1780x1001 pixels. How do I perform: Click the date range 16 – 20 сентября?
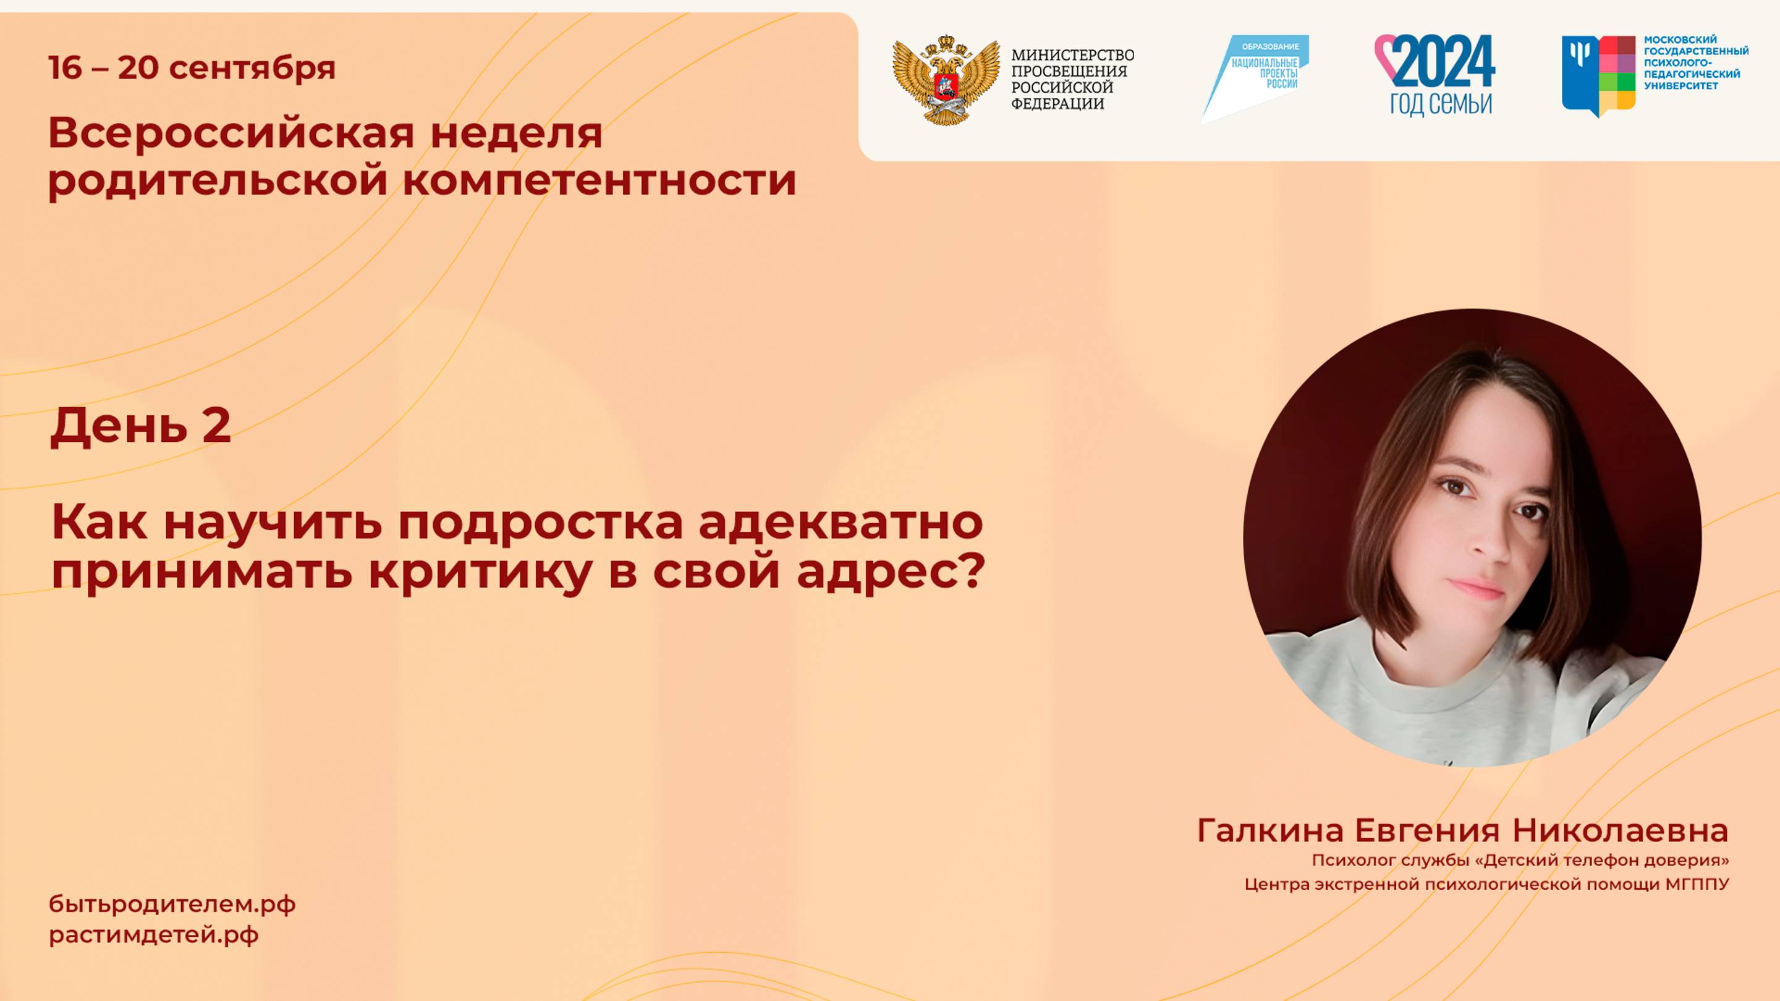tap(192, 68)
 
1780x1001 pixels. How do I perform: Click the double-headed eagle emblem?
tap(945, 80)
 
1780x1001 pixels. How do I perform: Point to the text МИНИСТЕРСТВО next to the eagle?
tap(1072, 54)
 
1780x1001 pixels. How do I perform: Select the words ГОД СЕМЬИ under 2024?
tap(1441, 104)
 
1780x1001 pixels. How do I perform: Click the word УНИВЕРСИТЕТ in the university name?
tap(1680, 86)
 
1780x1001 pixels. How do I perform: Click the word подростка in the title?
tap(540, 522)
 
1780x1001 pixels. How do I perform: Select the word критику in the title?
tap(480, 572)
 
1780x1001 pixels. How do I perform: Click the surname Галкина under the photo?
tap(1270, 830)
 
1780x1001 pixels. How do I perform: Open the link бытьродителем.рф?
tap(172, 903)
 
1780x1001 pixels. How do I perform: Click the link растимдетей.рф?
tap(153, 935)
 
